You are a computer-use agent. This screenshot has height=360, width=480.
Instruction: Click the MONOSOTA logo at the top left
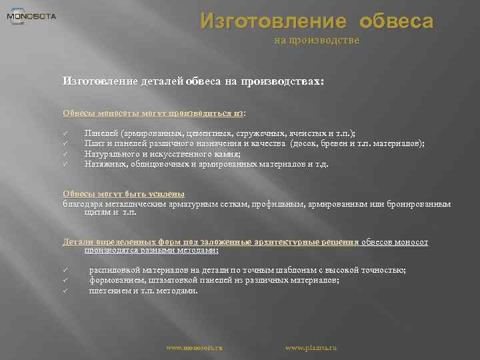31,16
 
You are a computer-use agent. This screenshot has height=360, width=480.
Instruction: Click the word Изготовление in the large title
273,21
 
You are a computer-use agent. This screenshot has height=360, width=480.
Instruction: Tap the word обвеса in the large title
396,21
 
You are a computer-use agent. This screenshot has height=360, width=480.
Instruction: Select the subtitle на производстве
317,41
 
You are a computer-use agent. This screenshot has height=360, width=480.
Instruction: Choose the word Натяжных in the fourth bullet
103,163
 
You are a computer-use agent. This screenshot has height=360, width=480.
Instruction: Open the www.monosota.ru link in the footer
194,347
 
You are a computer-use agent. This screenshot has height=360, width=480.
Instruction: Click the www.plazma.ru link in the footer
311,347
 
